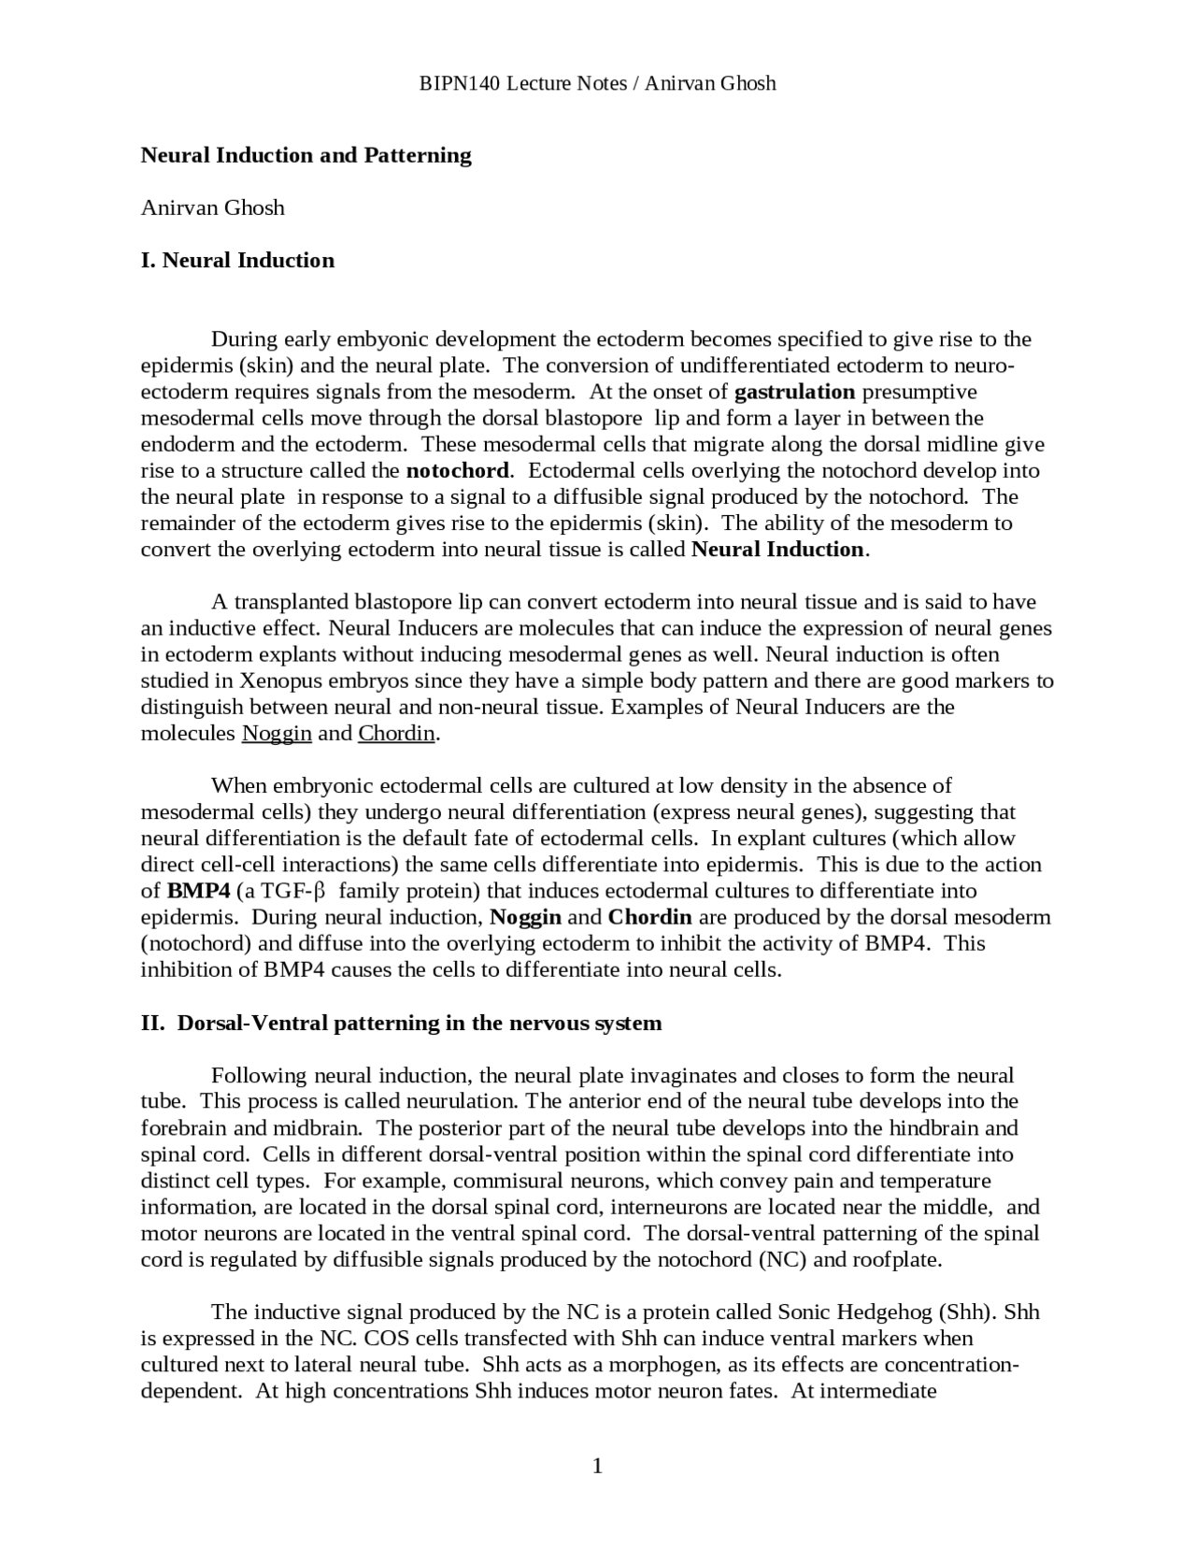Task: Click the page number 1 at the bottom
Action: pyautogui.click(x=597, y=1466)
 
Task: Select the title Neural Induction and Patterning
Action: pyautogui.click(x=306, y=155)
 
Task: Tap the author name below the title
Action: pyautogui.click(x=212, y=208)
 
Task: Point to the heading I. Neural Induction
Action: pyautogui.click(x=237, y=260)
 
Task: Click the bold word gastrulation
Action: pyautogui.click(x=794, y=392)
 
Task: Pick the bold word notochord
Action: pyautogui.click(x=458, y=470)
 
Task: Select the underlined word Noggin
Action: pyautogui.click(x=277, y=733)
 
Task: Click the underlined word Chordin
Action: pyautogui.click(x=397, y=733)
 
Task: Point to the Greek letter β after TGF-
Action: pyautogui.click(x=318, y=891)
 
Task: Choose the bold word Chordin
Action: pyautogui.click(x=649, y=917)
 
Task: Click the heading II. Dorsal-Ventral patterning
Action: pyautogui.click(x=401, y=1023)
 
